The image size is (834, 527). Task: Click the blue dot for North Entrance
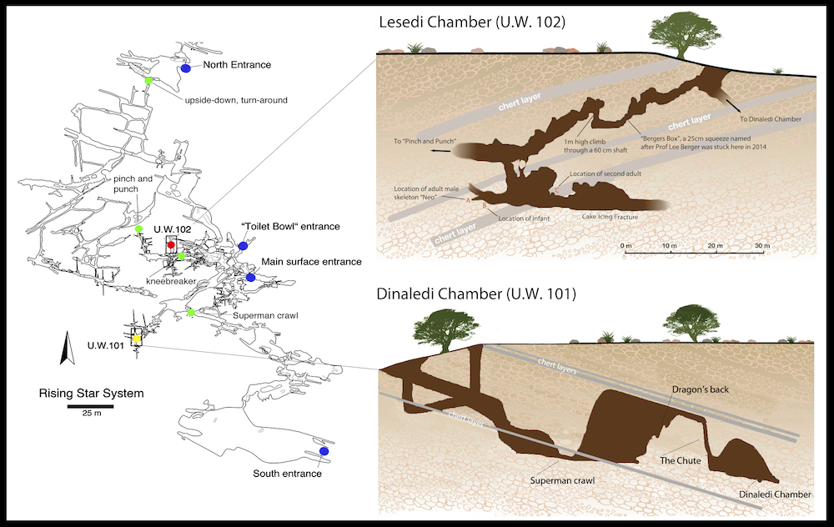pos(186,69)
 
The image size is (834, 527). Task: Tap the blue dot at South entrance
pos(324,451)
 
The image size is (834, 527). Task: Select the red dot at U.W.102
pos(171,244)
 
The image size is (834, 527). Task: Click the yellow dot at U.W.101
pos(137,339)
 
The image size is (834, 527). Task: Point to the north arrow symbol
pos(62,348)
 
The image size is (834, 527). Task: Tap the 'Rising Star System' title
pos(92,394)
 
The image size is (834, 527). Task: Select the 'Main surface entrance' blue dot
pos(250,277)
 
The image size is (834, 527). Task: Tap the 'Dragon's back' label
pos(697,389)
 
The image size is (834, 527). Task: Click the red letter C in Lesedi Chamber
pos(557,190)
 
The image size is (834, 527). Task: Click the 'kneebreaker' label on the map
pos(171,282)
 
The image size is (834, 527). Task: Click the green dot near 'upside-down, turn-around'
pos(148,81)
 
